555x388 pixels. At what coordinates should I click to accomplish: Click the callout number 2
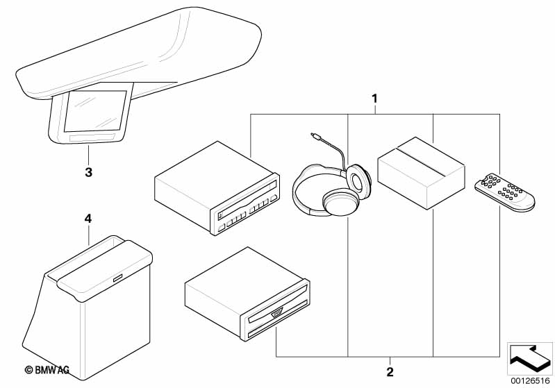[x=390, y=372]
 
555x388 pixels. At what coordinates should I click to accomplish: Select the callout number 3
[x=88, y=171]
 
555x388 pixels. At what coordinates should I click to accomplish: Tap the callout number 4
[x=88, y=218]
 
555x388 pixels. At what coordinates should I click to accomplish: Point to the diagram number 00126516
[x=529, y=380]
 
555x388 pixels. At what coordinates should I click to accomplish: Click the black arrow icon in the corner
[x=529, y=355]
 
